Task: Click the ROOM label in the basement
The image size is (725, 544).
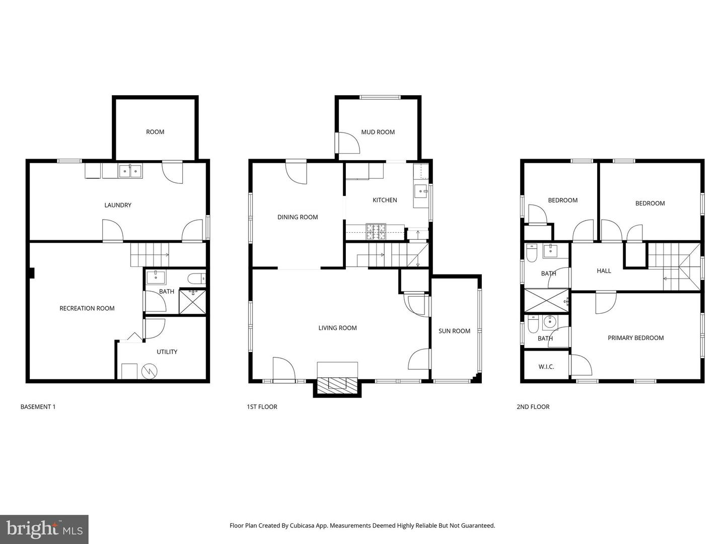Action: [155, 132]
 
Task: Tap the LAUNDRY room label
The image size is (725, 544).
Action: [118, 205]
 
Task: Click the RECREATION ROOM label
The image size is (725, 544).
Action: [87, 308]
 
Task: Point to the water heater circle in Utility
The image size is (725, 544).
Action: [150, 371]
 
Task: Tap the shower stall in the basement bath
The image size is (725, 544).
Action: [192, 301]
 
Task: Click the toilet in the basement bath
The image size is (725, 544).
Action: [196, 278]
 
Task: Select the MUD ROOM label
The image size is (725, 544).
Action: [378, 132]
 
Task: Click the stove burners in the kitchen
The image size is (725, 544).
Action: [376, 231]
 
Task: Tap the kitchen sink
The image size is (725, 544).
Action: [420, 191]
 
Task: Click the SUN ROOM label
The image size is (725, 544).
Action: [454, 331]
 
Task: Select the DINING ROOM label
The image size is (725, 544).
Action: [298, 217]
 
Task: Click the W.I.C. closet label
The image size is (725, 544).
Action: [546, 367]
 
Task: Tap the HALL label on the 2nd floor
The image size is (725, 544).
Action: [604, 271]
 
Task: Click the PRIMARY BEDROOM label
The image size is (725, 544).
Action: [635, 338]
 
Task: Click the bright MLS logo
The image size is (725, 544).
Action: [44, 529]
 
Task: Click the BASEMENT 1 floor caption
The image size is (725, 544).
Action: [38, 406]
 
